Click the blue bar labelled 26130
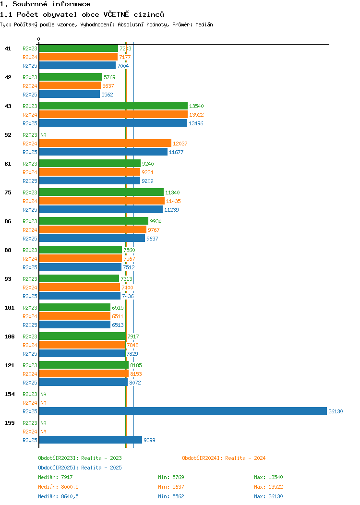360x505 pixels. click(183, 411)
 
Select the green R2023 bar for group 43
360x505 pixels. click(113, 106)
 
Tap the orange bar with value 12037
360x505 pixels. click(105, 143)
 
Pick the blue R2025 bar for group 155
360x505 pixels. click(91, 440)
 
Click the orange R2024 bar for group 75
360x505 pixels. click(102, 201)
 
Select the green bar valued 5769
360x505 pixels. click(71, 77)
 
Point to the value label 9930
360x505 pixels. click(156, 221)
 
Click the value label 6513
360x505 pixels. click(118, 325)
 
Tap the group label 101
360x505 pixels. click(9, 308)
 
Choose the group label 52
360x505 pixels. click(8, 135)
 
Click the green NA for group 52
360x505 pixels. click(44, 135)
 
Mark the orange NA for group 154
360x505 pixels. click(44, 403)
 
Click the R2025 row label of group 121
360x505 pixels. click(30, 383)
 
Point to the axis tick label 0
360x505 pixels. click(39, 39)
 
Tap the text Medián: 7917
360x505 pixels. click(55, 477)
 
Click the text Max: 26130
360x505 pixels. click(268, 496)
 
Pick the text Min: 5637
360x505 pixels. click(171, 487)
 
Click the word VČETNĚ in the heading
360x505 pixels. click(116, 14)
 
